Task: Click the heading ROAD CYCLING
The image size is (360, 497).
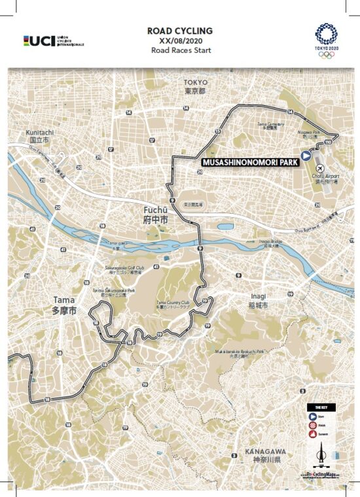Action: coord(180,30)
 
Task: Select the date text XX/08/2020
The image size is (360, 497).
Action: coord(180,40)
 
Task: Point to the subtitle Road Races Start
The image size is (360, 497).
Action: coord(180,50)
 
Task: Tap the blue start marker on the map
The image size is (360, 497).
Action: coord(306,156)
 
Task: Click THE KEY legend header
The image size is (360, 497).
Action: coord(321,407)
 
